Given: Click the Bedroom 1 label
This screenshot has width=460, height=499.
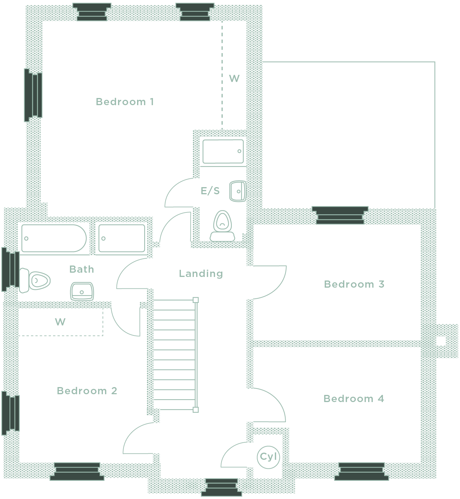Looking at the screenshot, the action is pos(125,102).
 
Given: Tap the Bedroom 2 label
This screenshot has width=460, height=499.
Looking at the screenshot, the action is pos(87,391).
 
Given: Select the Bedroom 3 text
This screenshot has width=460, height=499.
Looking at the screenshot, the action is pos(354,284).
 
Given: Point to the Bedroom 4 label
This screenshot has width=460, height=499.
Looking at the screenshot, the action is pos(354,398).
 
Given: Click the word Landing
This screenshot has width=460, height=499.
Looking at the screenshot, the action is pos(201,274).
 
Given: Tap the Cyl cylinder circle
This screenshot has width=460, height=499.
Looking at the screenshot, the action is pos(268,457).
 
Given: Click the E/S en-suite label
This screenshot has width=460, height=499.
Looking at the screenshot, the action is pos(210,191).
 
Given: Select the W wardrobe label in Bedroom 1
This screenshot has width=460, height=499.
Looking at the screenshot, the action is pos(234,79).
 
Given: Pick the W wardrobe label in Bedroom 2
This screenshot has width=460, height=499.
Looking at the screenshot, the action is pos(60,322).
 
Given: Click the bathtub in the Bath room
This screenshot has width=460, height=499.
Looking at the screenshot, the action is pos(54,238).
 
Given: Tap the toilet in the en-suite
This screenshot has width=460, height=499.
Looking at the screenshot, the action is pos(223,226).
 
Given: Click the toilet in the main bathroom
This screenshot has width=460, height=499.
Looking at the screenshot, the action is pos(35,281).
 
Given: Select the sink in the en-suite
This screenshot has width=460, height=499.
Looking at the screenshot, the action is pos(237,191).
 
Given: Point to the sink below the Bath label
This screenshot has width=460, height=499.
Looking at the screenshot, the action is pos(82,292).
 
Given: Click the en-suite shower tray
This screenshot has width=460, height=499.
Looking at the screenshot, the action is pos(223,151).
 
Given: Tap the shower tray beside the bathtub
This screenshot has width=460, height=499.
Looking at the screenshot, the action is pos(122,238).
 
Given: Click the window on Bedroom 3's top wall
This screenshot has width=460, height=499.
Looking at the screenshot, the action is pos(340,215).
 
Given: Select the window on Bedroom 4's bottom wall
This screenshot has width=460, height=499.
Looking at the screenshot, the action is pos(361,472).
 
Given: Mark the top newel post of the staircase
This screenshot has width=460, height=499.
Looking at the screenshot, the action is pos(195,300).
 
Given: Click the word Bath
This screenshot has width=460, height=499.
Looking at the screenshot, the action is pos(82,269).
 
